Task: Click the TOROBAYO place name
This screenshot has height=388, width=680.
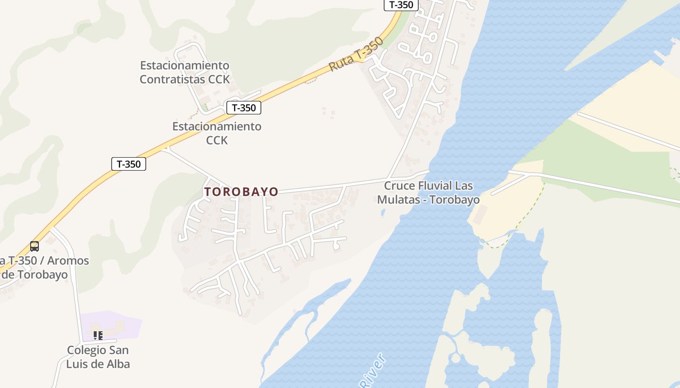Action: tap(241, 192)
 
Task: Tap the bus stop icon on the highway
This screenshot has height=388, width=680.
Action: tap(34, 246)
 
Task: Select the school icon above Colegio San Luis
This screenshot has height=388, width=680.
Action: tap(98, 335)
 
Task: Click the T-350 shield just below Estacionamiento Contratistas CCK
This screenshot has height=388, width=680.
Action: tap(244, 108)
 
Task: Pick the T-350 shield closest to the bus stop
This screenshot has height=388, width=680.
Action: tap(129, 164)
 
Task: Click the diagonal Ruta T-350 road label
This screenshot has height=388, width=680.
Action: tap(356, 54)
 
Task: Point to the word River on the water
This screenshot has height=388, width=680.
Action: tap(374, 371)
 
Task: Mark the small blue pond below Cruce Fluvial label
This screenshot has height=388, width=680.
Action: tap(384, 212)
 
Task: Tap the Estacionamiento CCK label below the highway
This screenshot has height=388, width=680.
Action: tap(217, 133)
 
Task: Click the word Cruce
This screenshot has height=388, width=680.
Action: tap(400, 186)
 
